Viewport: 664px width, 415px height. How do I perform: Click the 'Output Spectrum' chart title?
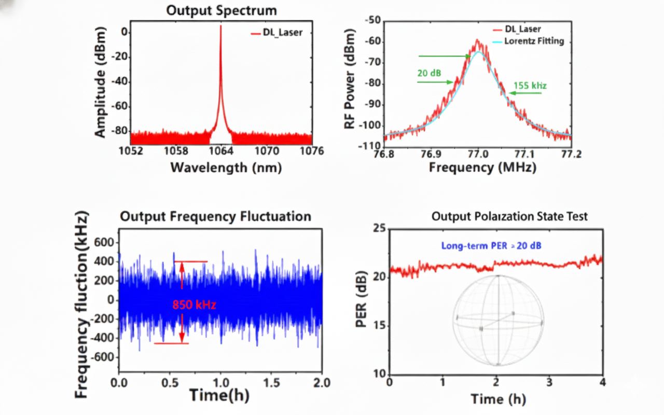point(222,10)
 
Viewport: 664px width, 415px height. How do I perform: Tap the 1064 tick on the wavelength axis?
point(220,151)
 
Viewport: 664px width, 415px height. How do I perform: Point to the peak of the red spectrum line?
point(220,26)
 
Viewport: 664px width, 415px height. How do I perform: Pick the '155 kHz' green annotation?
point(530,85)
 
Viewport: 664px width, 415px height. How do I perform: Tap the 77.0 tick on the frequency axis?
point(478,154)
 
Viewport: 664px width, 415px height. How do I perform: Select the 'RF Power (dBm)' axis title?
point(355,83)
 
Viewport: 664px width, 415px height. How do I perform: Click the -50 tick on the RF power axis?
point(374,20)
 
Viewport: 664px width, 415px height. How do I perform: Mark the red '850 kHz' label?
point(195,305)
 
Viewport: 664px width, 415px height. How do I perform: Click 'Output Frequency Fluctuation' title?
point(215,216)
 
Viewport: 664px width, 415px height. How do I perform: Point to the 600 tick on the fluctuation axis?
point(103,242)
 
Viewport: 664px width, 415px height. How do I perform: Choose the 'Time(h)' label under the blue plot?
point(219,395)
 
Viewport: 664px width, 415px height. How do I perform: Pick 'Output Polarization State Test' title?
point(509,216)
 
